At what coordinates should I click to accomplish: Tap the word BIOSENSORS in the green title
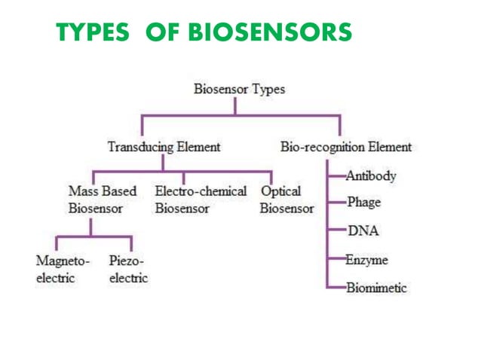(x=269, y=32)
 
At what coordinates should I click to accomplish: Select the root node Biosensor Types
(x=240, y=89)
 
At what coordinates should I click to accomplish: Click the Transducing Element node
(x=164, y=147)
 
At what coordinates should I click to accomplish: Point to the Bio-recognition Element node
(x=346, y=147)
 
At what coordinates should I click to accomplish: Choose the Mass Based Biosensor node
(x=103, y=200)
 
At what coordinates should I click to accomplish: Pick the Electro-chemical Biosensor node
(x=201, y=200)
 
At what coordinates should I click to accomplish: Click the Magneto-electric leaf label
(x=63, y=270)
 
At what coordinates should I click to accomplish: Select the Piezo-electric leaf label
(x=128, y=270)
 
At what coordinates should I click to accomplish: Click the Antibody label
(x=371, y=176)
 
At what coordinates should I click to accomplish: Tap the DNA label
(x=363, y=231)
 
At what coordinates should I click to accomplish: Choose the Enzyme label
(x=367, y=261)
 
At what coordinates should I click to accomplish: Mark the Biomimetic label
(x=376, y=288)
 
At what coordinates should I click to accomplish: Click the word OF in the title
(x=161, y=32)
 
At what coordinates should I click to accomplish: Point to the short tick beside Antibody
(x=337, y=176)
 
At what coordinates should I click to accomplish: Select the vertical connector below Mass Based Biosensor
(x=91, y=227)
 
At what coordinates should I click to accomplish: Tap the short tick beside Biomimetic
(x=337, y=288)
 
